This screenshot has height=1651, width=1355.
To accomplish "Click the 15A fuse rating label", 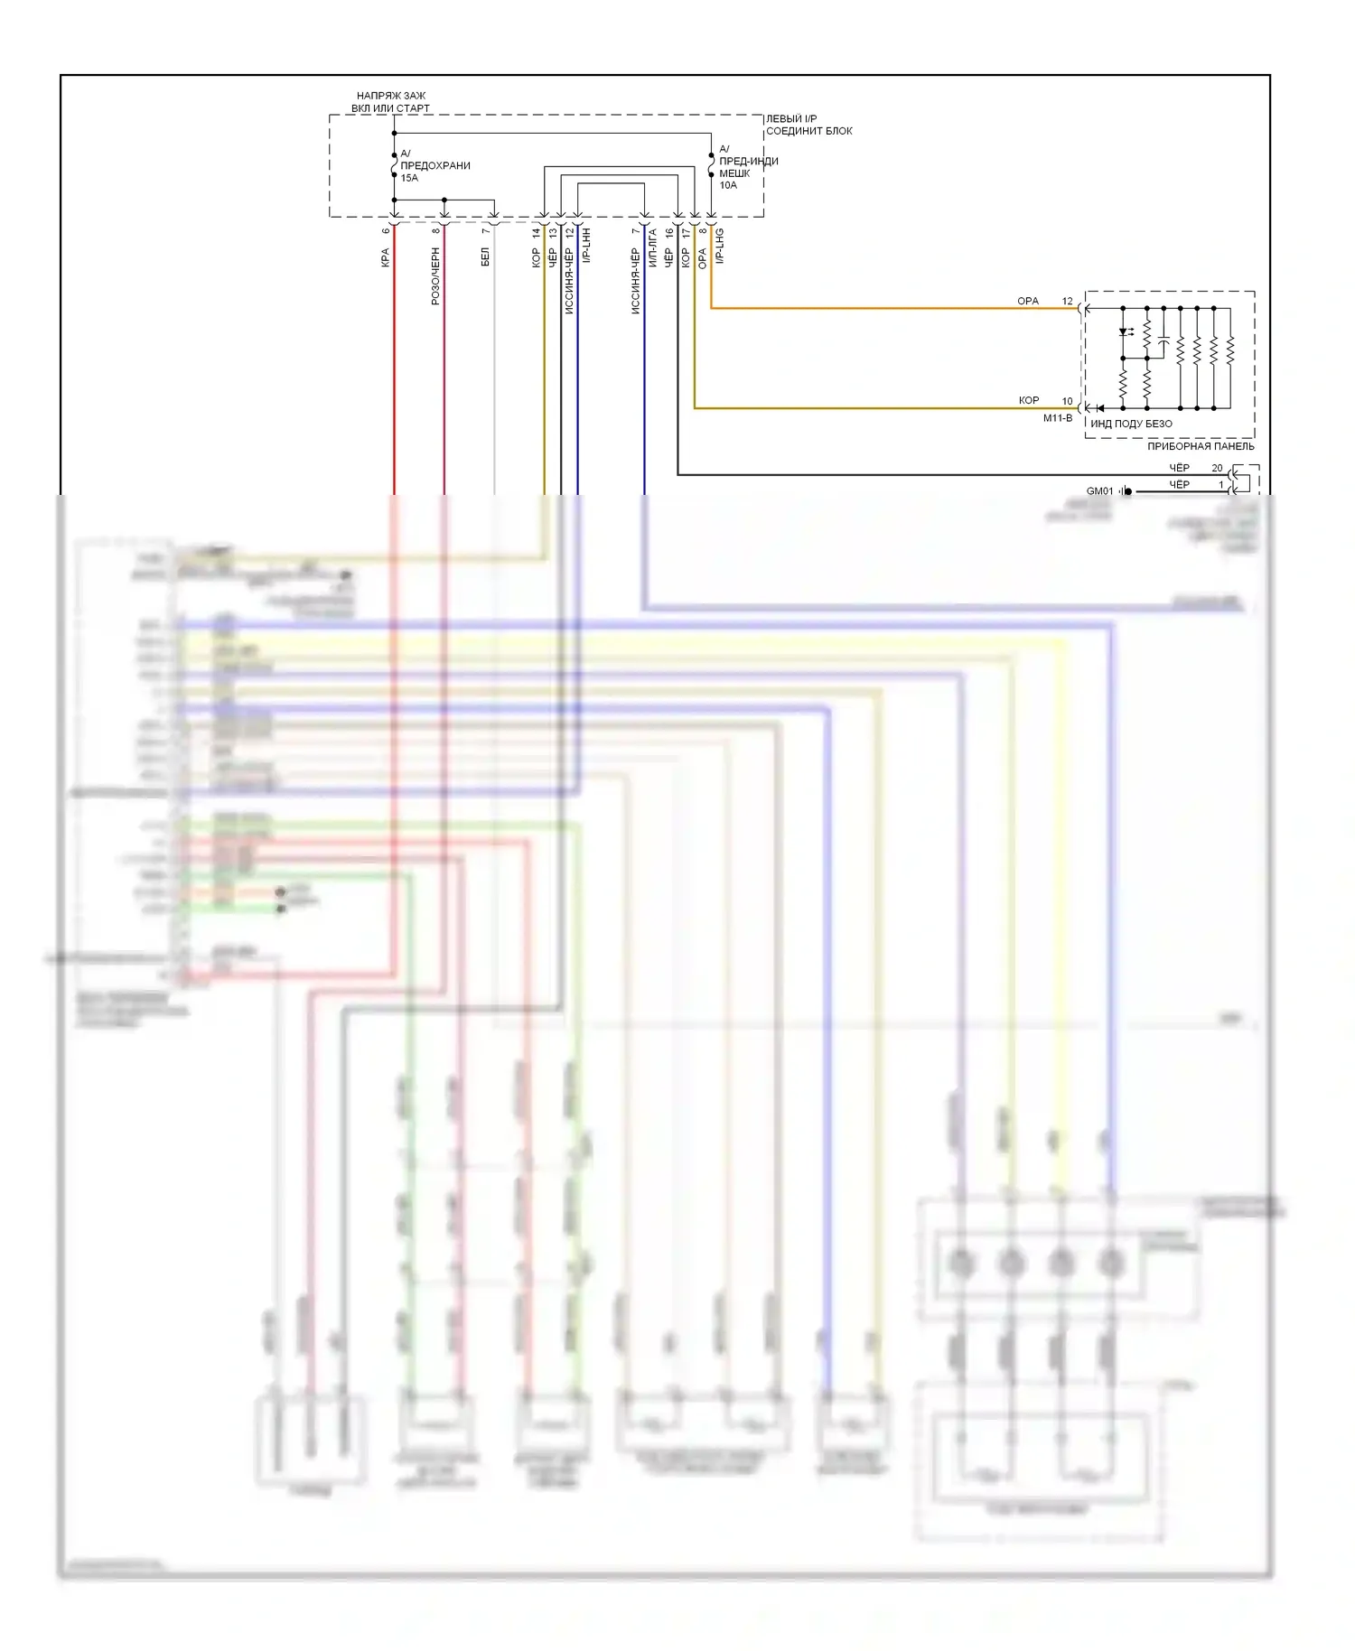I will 409,178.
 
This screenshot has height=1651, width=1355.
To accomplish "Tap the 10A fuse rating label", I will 728,185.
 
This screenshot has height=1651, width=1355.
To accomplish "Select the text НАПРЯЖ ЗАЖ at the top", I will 391,96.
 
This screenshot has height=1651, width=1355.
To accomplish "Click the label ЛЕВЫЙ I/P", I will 791,118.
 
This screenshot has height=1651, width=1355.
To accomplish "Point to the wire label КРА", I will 386,258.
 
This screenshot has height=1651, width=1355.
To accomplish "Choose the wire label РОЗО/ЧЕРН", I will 435,276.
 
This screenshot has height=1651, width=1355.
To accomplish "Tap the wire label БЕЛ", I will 485,257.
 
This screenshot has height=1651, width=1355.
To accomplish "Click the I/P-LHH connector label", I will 586,246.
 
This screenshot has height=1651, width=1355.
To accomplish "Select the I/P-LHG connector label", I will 720,246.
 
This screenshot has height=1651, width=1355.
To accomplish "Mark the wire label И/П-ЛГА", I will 652,247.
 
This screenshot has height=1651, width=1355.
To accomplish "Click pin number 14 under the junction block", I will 536,232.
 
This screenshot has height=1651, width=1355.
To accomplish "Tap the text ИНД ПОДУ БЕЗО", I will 1131,424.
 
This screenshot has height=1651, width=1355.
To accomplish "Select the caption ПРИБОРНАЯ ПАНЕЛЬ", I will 1201,446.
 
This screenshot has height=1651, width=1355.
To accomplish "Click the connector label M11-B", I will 1058,418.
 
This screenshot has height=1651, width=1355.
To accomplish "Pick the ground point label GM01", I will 1099,491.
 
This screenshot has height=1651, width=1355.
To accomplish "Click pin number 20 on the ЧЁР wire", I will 1217,468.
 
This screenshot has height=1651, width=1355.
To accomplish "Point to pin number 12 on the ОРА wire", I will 1067,301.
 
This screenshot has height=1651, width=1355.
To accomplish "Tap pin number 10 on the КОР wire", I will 1067,401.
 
